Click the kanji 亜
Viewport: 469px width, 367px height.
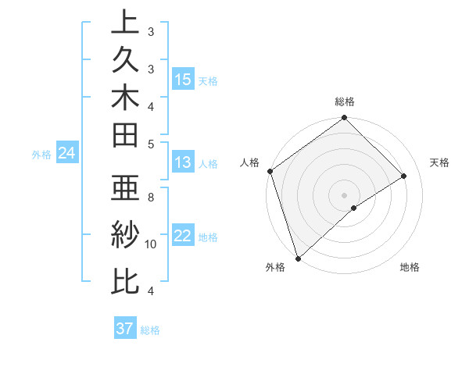click(125, 187)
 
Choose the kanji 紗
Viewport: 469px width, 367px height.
click(125, 233)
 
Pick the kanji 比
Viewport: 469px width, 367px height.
click(125, 280)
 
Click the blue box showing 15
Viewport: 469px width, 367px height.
click(183, 80)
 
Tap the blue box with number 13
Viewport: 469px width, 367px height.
click(183, 163)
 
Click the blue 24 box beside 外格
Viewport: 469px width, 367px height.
click(67, 154)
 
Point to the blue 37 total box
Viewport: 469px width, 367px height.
click(125, 329)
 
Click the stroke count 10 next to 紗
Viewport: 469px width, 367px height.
click(151, 244)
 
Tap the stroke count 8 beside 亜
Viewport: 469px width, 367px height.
click(151, 198)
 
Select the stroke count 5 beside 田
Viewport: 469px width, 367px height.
click(151, 143)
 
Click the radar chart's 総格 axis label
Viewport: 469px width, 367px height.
click(345, 102)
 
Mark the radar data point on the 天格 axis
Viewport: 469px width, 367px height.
click(404, 176)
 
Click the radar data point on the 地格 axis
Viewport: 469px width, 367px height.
click(354, 208)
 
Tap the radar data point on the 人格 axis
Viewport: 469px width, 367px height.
click(270, 171)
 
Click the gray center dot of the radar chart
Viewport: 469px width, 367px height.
click(344, 194)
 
